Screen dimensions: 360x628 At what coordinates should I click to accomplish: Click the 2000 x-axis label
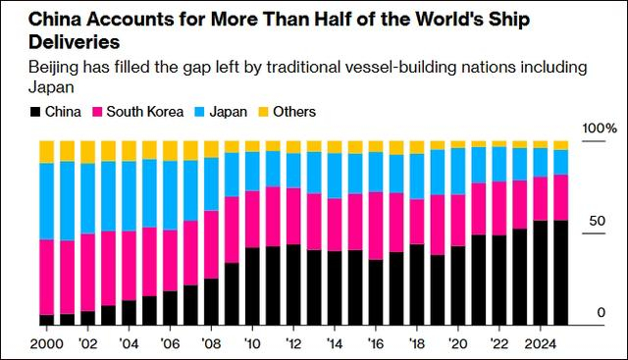point(47,344)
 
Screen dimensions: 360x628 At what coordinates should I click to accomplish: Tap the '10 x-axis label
point(252,344)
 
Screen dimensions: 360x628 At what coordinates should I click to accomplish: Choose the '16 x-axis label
point(376,344)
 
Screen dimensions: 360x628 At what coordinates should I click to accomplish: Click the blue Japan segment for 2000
point(47,201)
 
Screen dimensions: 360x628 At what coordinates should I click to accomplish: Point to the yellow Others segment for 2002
point(88,151)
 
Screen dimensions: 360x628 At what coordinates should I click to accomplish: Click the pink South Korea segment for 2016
point(376,226)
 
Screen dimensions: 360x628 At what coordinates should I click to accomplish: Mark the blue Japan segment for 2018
point(417,177)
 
